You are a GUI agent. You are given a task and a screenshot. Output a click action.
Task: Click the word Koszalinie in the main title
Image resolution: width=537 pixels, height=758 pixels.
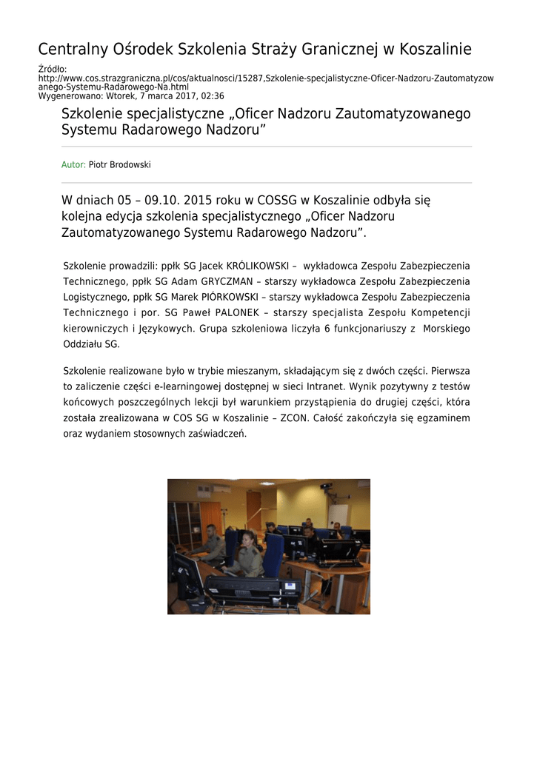(435, 50)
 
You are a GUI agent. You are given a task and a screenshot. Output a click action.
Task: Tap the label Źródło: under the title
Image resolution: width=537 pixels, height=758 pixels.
(52, 69)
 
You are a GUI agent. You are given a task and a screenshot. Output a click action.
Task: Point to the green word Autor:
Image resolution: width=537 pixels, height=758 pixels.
(73, 165)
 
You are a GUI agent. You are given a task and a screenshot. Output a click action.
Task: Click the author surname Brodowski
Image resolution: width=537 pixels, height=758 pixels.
(130, 165)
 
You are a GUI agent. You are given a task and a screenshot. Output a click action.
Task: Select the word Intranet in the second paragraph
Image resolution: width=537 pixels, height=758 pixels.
(328, 386)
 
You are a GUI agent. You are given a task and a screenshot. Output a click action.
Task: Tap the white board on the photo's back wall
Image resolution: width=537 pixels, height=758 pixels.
(338, 514)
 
